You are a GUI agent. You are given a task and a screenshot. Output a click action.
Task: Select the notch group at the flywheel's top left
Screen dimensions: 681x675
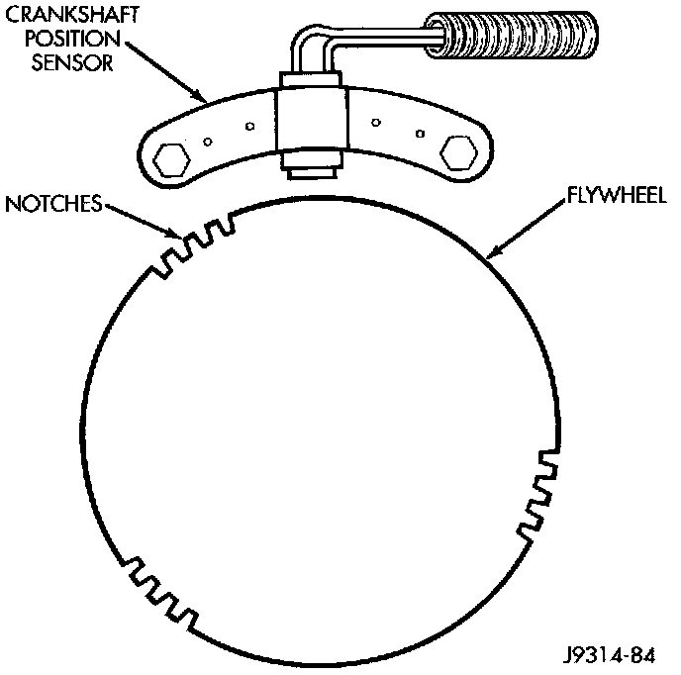195,244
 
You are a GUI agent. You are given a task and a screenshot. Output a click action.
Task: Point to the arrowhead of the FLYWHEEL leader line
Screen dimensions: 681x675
490,256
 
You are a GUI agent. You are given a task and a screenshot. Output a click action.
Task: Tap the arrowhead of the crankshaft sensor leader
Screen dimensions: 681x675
205,103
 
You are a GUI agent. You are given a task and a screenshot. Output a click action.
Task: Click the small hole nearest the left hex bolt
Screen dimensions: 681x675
206,140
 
